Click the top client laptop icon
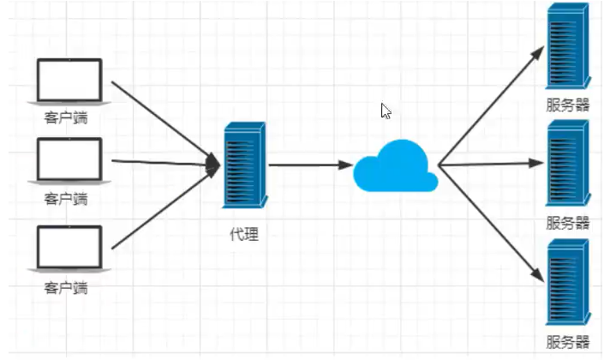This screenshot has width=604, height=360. tap(69, 81)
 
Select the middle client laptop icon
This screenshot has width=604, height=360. tap(69, 160)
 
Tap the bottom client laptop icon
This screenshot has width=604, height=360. tap(69, 249)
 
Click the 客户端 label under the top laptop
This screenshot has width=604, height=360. tap(66, 115)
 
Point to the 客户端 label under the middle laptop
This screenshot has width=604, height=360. tap(66, 199)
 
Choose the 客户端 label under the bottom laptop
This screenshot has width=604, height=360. tap(66, 288)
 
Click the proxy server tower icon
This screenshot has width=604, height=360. tap(244, 165)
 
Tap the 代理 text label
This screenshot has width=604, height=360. tap(244, 233)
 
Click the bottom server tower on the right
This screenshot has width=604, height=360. tap(567, 282)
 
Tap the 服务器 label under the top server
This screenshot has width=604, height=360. tap(567, 106)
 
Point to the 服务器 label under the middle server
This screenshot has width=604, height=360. tap(567, 223)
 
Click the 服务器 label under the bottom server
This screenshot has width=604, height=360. tap(567, 343)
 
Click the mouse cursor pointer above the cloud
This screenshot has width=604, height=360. tap(386, 111)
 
